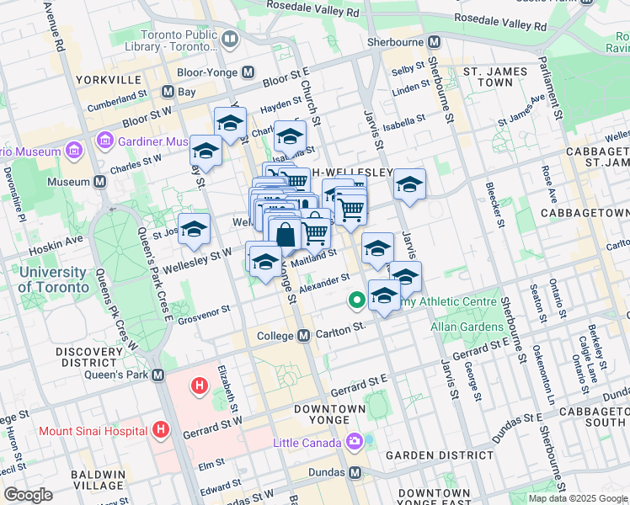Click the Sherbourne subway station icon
pos(435,41)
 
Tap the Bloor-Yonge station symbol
pos(248,73)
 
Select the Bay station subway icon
pos(168,92)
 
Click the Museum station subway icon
pos(100,182)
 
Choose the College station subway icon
pos(305,336)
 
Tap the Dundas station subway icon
pos(355,472)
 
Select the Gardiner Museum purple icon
pos(105,140)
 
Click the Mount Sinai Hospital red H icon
pos(162,431)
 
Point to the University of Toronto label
pos(52,279)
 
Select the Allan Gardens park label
pos(465,326)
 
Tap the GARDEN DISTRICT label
pos(426,455)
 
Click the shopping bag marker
pos(286,235)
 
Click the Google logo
pos(29,495)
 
